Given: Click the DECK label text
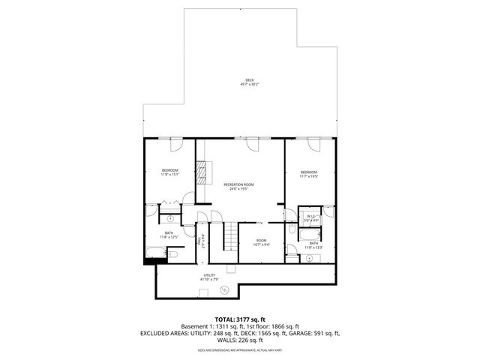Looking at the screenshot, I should pyautogui.click(x=249, y=82).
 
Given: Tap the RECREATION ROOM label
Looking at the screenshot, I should pyautogui.click(x=238, y=184).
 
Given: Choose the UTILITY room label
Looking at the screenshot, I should pyautogui.click(x=209, y=275).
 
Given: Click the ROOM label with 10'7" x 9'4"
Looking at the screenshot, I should pyautogui.click(x=260, y=241).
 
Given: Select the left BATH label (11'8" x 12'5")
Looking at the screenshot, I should pyautogui.click(x=169, y=233).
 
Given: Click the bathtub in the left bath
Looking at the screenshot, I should pyautogui.click(x=154, y=250).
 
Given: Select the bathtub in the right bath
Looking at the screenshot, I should pyautogui.click(x=310, y=231).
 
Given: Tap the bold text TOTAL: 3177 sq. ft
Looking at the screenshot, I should pyautogui.click(x=239, y=319).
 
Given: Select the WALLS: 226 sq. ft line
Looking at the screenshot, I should pyautogui.click(x=239, y=340).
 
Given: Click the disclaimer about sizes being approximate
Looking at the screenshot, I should pyautogui.click(x=239, y=349).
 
